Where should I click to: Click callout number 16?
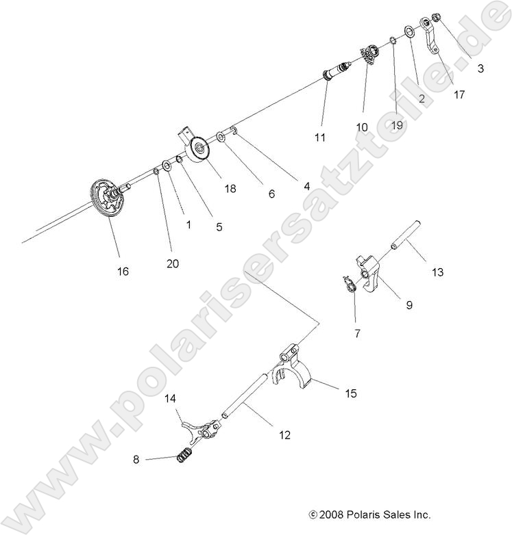(123, 272)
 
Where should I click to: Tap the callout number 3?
(480, 68)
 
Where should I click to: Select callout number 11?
(319, 138)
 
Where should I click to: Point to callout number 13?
(437, 272)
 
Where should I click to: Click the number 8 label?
(136, 460)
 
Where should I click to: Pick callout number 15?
(351, 393)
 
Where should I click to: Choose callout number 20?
(173, 263)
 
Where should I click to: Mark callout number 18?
(230, 188)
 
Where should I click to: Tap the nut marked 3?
(438, 18)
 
